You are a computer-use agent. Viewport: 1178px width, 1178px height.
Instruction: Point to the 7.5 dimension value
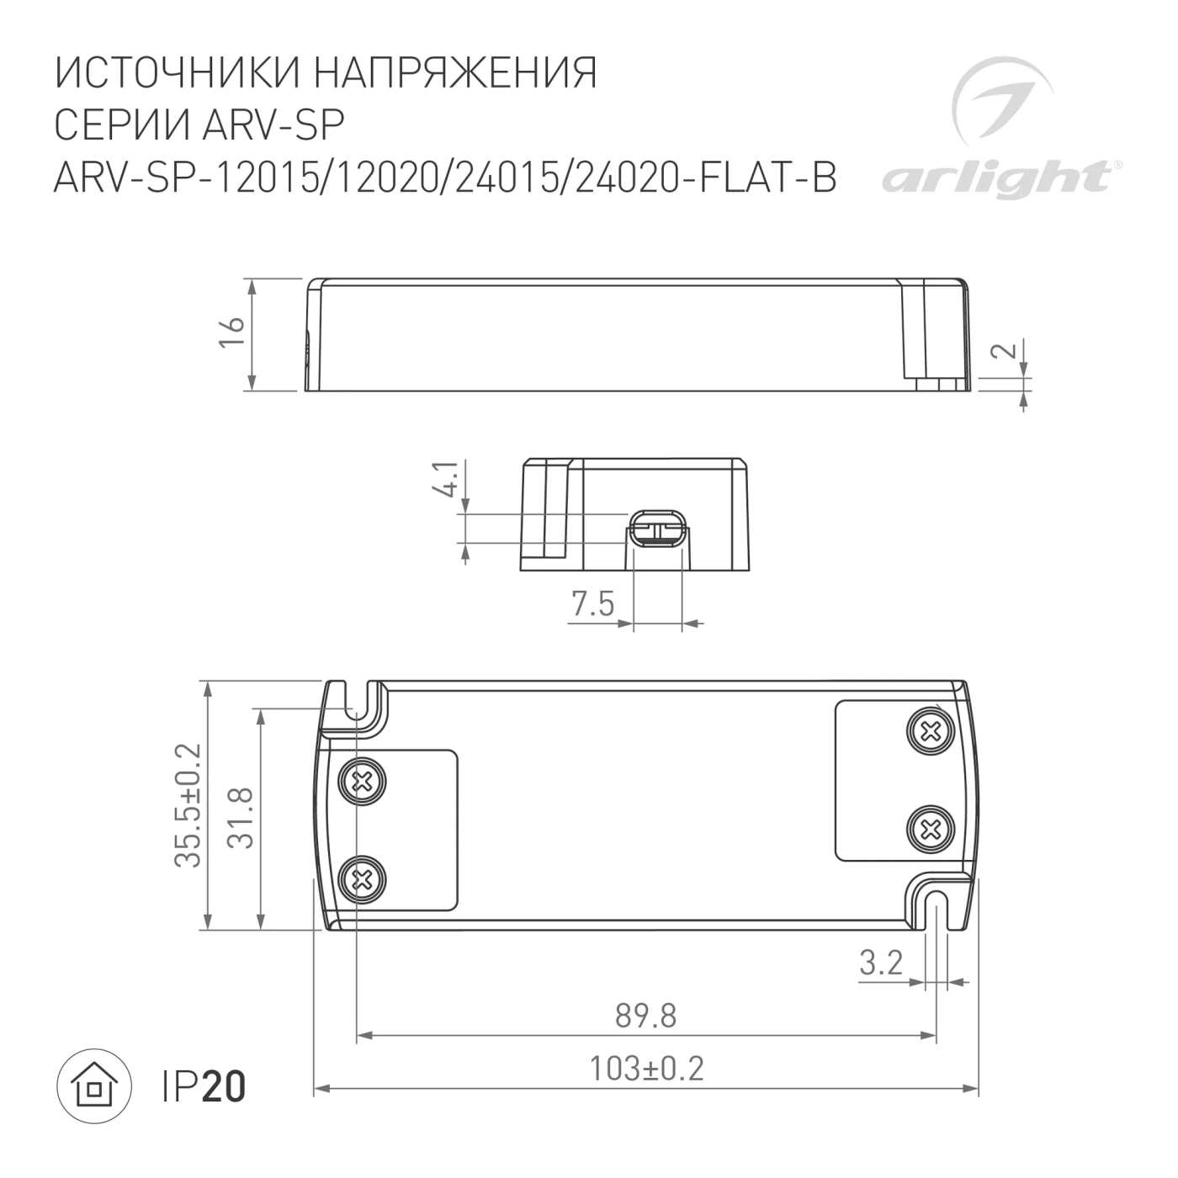point(592,603)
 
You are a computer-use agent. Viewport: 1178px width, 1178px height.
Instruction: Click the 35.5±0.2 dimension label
point(188,805)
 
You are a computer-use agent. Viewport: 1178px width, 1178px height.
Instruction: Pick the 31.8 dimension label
point(241,817)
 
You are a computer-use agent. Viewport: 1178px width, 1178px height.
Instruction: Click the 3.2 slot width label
point(881,962)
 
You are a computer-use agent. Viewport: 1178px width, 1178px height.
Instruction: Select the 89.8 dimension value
point(645,1016)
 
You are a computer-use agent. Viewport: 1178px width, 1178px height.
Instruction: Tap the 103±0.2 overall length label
point(645,1069)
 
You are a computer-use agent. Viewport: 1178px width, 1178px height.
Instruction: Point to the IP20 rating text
point(204,1086)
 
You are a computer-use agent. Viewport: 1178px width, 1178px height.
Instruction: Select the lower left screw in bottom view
point(363,881)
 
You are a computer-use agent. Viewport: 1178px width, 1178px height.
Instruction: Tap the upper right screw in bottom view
point(931,731)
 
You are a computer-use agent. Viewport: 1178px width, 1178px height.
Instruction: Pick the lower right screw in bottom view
point(931,830)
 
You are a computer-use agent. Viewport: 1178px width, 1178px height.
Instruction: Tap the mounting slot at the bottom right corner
point(937,910)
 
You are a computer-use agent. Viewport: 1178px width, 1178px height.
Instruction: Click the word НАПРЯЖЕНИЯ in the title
point(455,73)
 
